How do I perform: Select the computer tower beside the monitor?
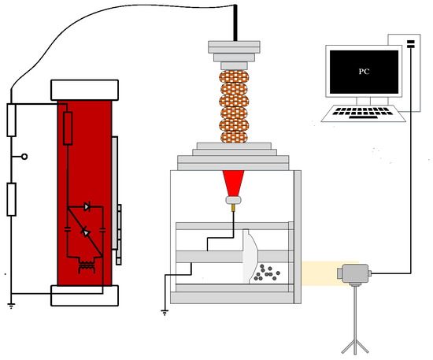[x=409, y=75]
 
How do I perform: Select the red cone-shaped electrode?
[x=234, y=184]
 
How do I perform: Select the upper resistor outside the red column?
[x=11, y=121]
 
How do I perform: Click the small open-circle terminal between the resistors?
[x=25, y=157]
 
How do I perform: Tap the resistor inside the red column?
[x=68, y=128]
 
